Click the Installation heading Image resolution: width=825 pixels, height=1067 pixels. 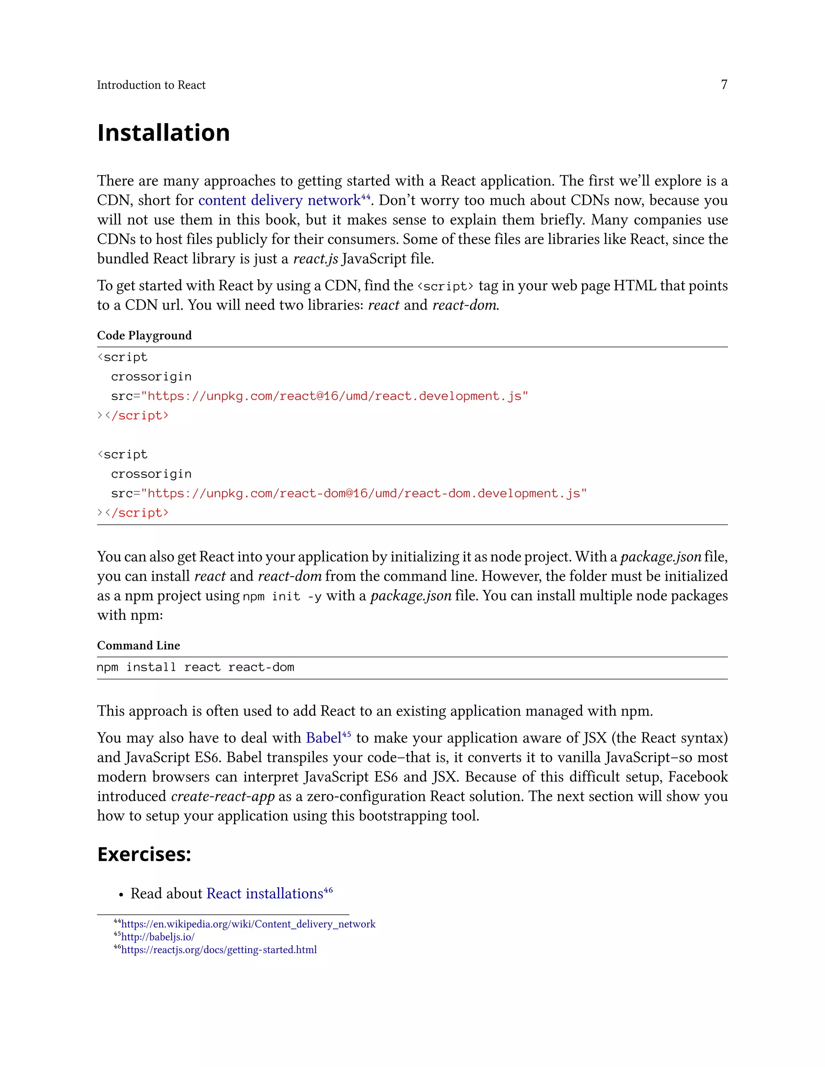[163, 133]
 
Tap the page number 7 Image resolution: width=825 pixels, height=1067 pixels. [723, 85]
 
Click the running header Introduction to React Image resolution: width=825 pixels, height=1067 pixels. [151, 85]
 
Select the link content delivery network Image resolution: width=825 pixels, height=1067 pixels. [279, 200]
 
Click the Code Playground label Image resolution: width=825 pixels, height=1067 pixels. [144, 335]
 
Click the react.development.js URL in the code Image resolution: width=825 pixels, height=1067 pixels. [334, 396]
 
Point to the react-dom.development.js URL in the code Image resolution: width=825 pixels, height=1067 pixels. [364, 494]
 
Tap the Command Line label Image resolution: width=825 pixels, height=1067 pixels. [138, 645]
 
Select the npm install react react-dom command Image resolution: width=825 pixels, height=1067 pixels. [195, 667]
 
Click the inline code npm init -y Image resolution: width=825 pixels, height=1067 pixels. [282, 597]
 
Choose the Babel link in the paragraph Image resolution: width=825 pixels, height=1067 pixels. [323, 738]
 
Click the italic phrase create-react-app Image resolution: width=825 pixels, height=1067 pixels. [222, 796]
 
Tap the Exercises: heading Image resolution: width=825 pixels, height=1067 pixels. [144, 854]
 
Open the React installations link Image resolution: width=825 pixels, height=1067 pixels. [264, 893]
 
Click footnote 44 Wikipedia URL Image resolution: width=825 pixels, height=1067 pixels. [248, 924]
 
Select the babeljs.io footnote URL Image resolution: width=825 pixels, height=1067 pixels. [158, 937]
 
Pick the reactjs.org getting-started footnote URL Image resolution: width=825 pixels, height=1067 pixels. [218, 950]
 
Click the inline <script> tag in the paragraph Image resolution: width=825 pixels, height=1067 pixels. [445, 286]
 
